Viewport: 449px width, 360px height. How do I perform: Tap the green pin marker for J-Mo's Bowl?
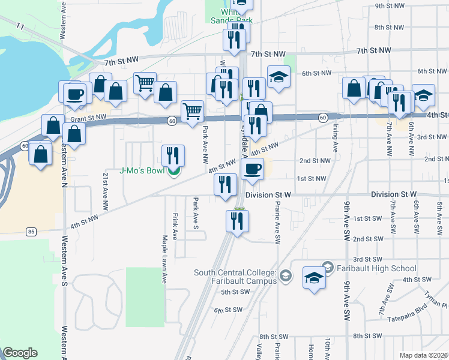[173, 172]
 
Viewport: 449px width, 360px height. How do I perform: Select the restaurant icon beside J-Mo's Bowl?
[173, 155]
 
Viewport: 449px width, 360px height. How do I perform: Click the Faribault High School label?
[376, 268]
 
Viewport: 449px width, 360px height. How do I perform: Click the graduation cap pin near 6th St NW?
[278, 77]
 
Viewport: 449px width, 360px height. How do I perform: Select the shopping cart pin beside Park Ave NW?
[192, 111]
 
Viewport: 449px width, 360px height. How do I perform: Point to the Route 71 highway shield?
[20, 26]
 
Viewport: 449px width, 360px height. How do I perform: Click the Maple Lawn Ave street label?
[164, 259]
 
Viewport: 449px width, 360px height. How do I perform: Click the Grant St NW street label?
[88, 118]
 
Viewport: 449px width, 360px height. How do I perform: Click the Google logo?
[20, 353]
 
